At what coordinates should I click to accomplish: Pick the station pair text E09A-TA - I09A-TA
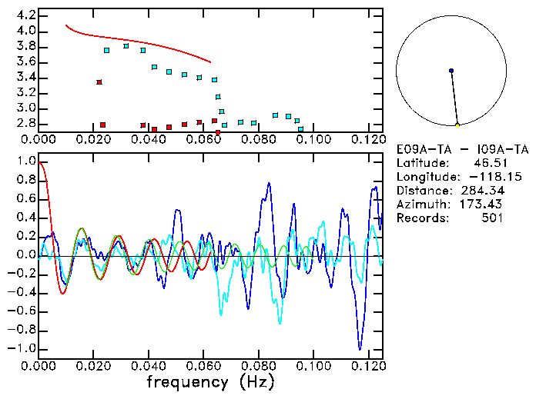click(x=462, y=148)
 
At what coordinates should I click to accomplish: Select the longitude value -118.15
click(x=480, y=176)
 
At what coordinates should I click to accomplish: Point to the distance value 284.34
click(x=483, y=190)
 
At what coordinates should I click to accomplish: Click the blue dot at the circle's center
click(x=451, y=71)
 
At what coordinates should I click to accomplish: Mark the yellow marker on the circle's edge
click(x=457, y=125)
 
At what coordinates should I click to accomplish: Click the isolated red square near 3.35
click(x=99, y=82)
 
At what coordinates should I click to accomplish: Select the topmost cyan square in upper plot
click(x=126, y=46)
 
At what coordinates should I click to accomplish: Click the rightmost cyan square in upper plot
click(x=301, y=129)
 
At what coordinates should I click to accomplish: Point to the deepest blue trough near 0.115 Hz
click(x=359, y=349)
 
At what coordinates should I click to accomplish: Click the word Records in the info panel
click(x=420, y=218)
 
